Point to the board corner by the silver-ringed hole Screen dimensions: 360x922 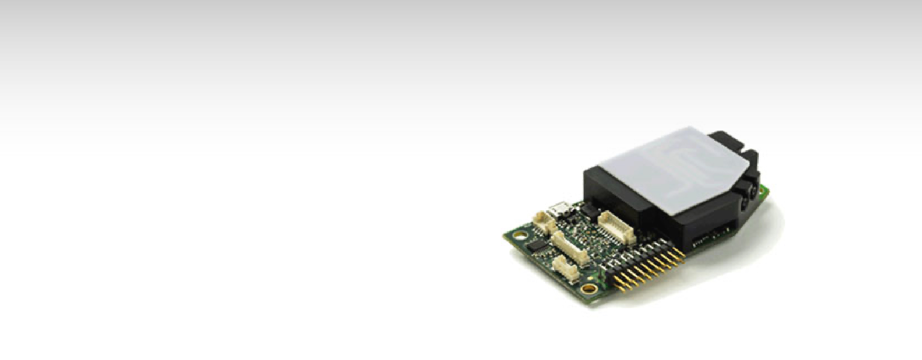click(507, 236)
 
